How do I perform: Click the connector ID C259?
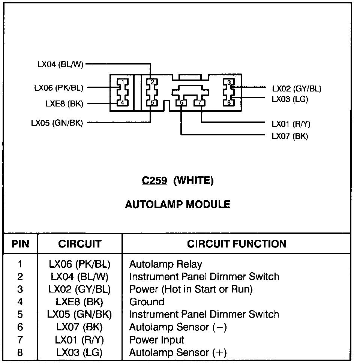coord(154,181)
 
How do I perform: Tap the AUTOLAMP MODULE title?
coord(177,204)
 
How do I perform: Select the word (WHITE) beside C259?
coord(193,181)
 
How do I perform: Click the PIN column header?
coord(20,244)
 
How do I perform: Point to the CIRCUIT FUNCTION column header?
coord(237,244)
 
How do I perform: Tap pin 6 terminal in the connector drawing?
coord(181,102)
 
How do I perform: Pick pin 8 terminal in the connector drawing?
coord(228,102)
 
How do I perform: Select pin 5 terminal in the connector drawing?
coord(151,102)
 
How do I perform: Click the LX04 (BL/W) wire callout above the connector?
coord(60,64)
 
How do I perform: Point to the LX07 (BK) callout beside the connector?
coord(289,136)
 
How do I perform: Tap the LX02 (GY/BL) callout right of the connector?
coord(297,89)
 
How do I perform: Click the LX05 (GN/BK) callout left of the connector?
coord(57,123)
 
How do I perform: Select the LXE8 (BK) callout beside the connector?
coord(64,104)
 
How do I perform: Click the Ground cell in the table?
coord(147,302)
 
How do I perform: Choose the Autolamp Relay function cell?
coord(165,264)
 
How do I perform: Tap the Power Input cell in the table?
coord(157,340)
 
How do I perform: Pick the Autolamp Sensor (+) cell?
coord(178,353)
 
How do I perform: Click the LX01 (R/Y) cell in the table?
coord(79,340)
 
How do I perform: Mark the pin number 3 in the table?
coord(20,289)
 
